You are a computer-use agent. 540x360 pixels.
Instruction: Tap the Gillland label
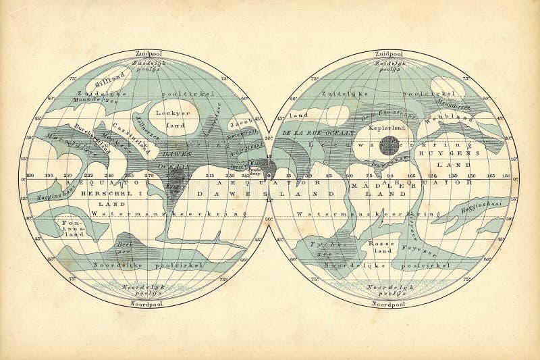coord(72,81)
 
